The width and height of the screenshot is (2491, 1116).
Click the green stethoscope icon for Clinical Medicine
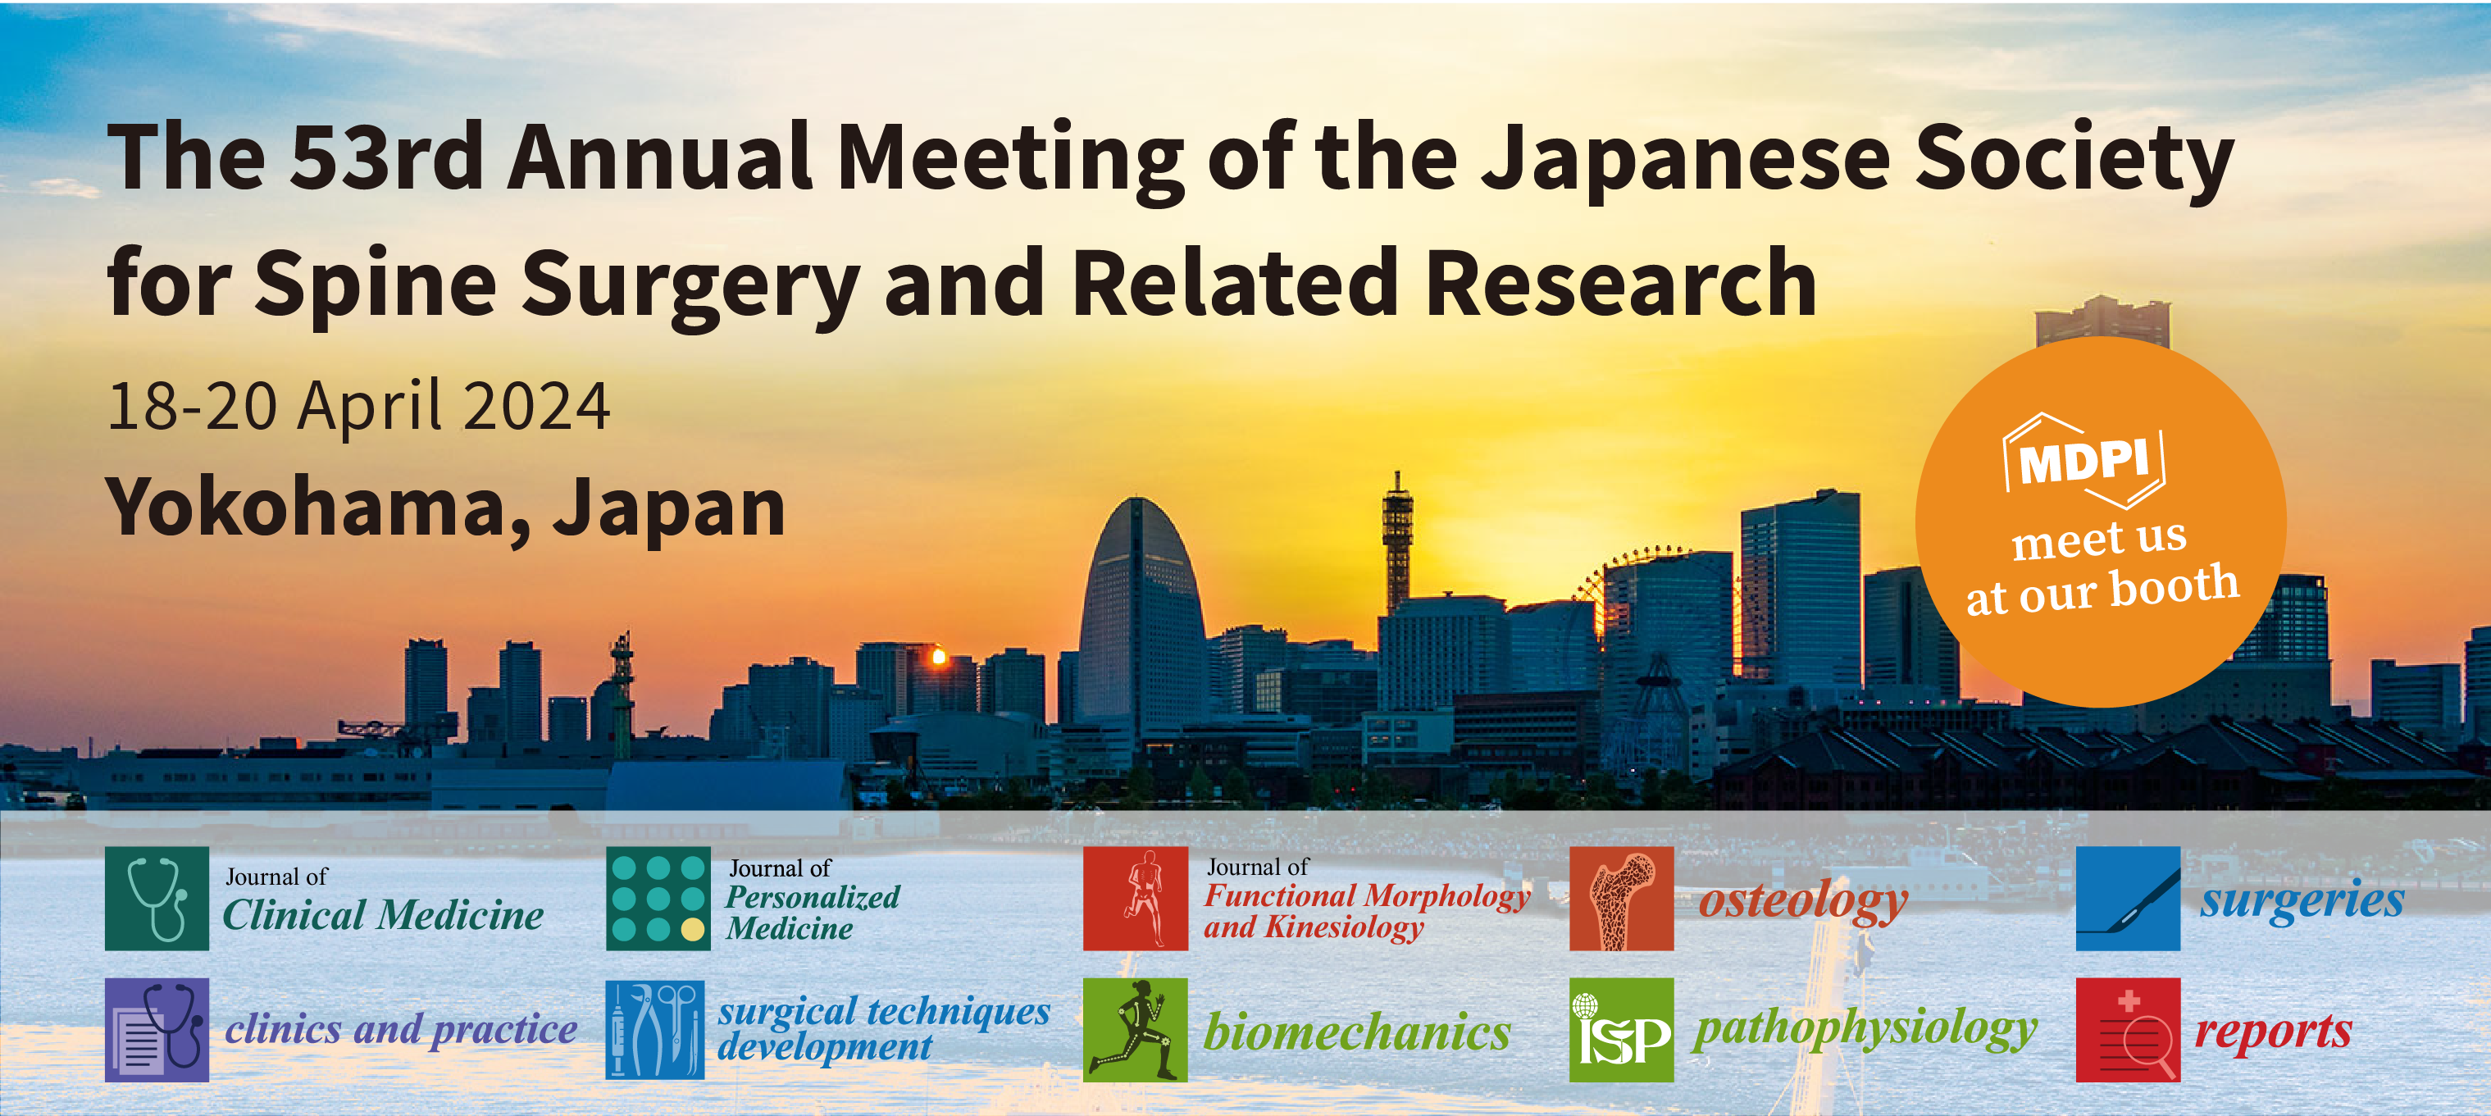[x=157, y=899]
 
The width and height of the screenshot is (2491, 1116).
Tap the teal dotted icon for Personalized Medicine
[x=658, y=899]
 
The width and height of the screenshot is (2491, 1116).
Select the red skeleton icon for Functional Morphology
[x=1136, y=899]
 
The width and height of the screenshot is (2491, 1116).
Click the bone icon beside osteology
[x=1621, y=899]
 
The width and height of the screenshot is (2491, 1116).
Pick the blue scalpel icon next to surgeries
[x=2128, y=899]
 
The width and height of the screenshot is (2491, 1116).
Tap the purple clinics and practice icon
[x=157, y=1029]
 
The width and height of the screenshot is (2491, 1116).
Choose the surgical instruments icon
[x=654, y=1029]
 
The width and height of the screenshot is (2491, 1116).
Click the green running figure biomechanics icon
[x=1136, y=1029]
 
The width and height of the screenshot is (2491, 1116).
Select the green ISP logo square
[x=1621, y=1029]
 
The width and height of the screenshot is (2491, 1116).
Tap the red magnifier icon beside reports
[x=2128, y=1029]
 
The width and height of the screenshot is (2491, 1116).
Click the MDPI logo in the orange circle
[x=2083, y=462]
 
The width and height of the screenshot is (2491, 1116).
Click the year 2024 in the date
[x=537, y=406]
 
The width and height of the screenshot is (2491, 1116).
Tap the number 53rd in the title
[x=387, y=157]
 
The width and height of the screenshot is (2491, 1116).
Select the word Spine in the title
[x=376, y=284]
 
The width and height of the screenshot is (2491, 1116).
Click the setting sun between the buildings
[x=937, y=658]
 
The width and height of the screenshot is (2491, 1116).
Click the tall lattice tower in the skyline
[x=1396, y=541]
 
